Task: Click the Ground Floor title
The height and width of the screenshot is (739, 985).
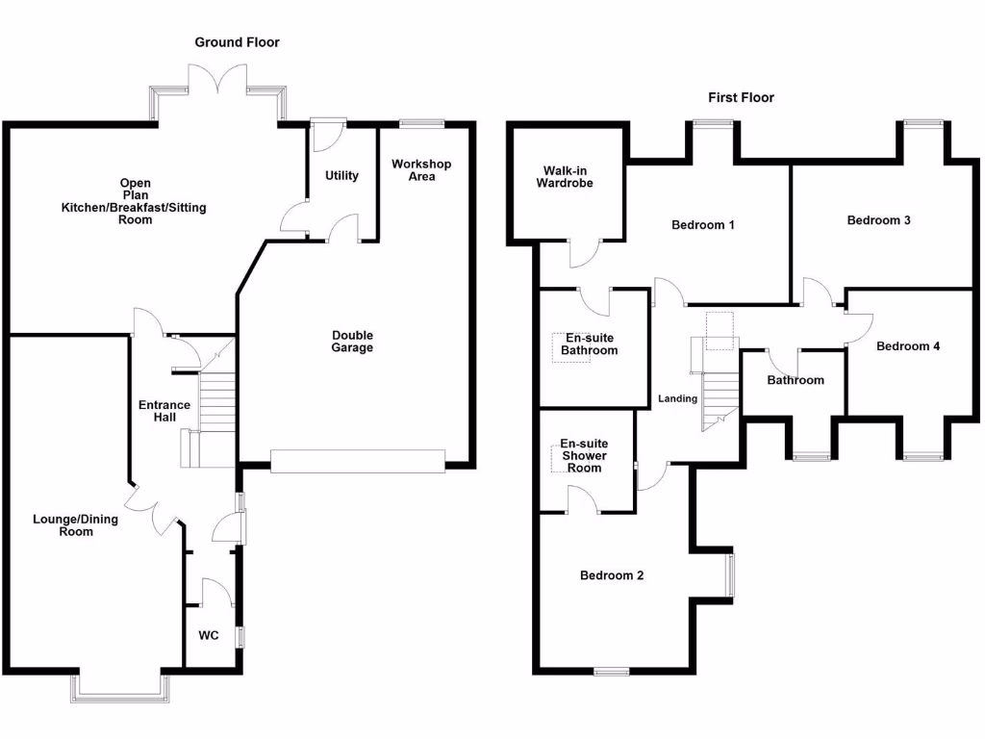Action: tap(237, 42)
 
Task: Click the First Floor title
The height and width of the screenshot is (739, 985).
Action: tap(741, 97)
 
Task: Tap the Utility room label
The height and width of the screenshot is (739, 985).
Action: tap(341, 176)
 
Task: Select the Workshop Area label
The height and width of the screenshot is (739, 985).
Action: tap(421, 170)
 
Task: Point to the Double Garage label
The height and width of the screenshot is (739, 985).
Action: tap(352, 342)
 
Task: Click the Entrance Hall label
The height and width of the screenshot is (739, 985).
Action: tap(164, 411)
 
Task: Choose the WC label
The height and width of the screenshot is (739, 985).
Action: tap(209, 636)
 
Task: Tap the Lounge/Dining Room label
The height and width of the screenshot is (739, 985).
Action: tap(76, 525)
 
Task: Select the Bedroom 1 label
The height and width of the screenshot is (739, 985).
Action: tap(702, 225)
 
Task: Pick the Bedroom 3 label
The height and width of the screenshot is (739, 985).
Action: tap(878, 220)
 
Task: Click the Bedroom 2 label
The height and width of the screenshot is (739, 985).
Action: tap(612, 575)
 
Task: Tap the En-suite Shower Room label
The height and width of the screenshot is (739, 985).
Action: tap(584, 456)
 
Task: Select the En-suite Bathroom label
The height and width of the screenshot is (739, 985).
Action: tap(590, 344)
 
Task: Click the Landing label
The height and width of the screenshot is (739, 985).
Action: tap(677, 398)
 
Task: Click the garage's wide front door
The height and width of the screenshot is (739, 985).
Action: tap(358, 462)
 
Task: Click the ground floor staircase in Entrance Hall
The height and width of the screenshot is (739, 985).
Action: tap(216, 404)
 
